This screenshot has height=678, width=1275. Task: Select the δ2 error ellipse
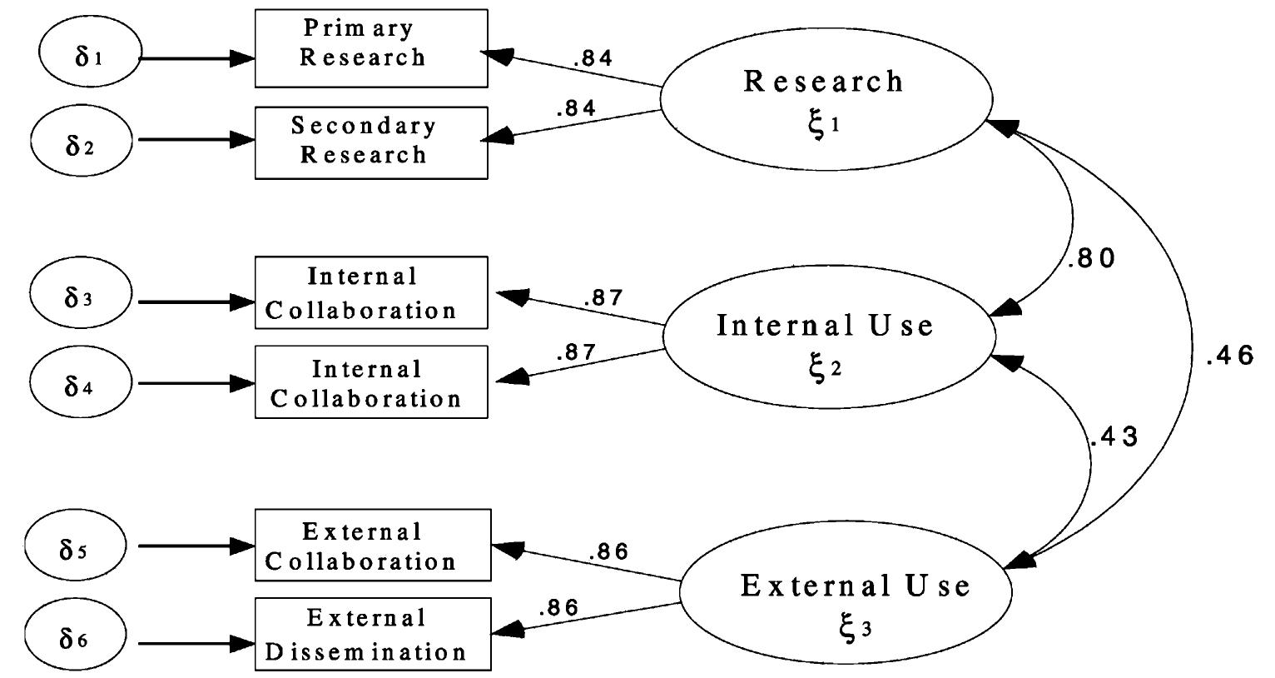pyautogui.click(x=82, y=139)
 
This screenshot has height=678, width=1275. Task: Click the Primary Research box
pyautogui.click(x=370, y=47)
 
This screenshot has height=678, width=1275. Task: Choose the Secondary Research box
pyautogui.click(x=370, y=142)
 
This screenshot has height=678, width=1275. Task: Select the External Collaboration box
pyautogui.click(x=370, y=546)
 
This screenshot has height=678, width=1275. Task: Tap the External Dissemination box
pyautogui.click(x=370, y=634)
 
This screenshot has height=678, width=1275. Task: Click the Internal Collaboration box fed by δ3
pyautogui.click(x=370, y=292)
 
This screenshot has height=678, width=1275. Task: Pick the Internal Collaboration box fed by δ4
pyautogui.click(x=370, y=382)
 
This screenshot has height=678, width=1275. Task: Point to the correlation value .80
pyautogui.click(x=1090, y=259)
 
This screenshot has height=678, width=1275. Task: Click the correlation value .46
pyautogui.click(x=1228, y=357)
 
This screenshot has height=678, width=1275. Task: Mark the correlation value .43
pyautogui.click(x=1114, y=436)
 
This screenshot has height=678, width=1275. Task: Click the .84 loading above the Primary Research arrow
pyautogui.click(x=593, y=58)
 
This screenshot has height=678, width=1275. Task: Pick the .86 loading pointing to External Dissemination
pyautogui.click(x=558, y=608)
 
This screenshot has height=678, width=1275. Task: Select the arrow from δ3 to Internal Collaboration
pyautogui.click(x=196, y=301)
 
